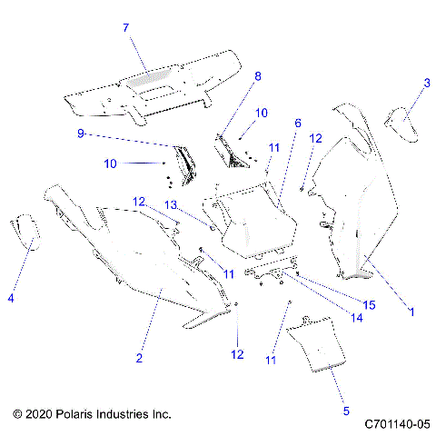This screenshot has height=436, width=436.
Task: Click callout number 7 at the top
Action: coord(126,28)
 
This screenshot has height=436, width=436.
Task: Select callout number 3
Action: coord(426,83)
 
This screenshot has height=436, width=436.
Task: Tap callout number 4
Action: coord(12,297)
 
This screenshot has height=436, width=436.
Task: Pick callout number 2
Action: coord(139,359)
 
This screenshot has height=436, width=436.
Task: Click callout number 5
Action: coord(345,411)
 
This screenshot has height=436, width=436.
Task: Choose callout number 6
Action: coord(296,122)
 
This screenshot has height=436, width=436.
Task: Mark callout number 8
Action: coord(257,76)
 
